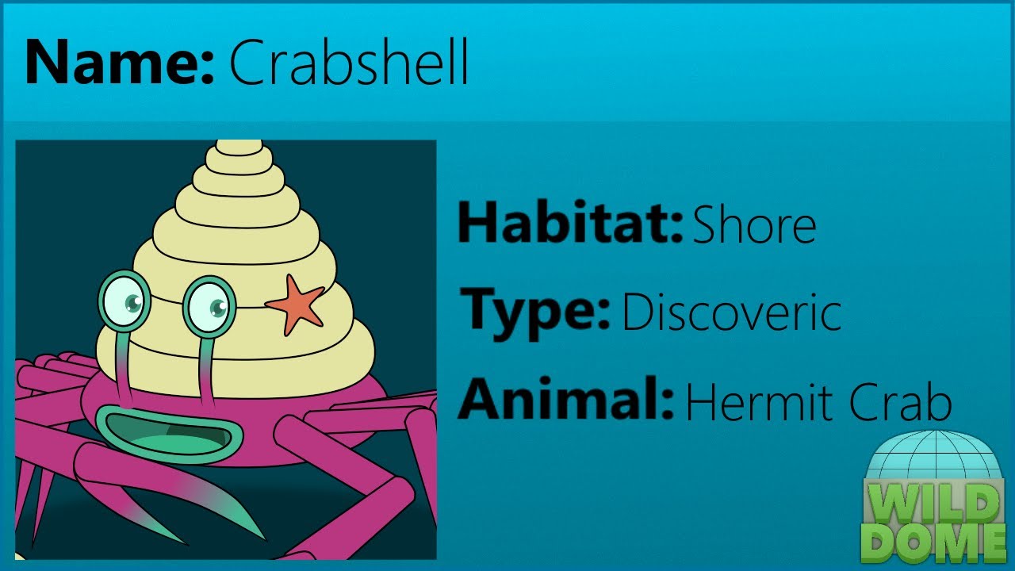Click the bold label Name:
tap(119, 63)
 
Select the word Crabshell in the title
tap(349, 63)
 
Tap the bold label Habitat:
tap(569, 224)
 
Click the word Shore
tap(754, 225)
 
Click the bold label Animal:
tap(566, 400)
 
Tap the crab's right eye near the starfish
tap(209, 305)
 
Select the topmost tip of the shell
tap(239, 145)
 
